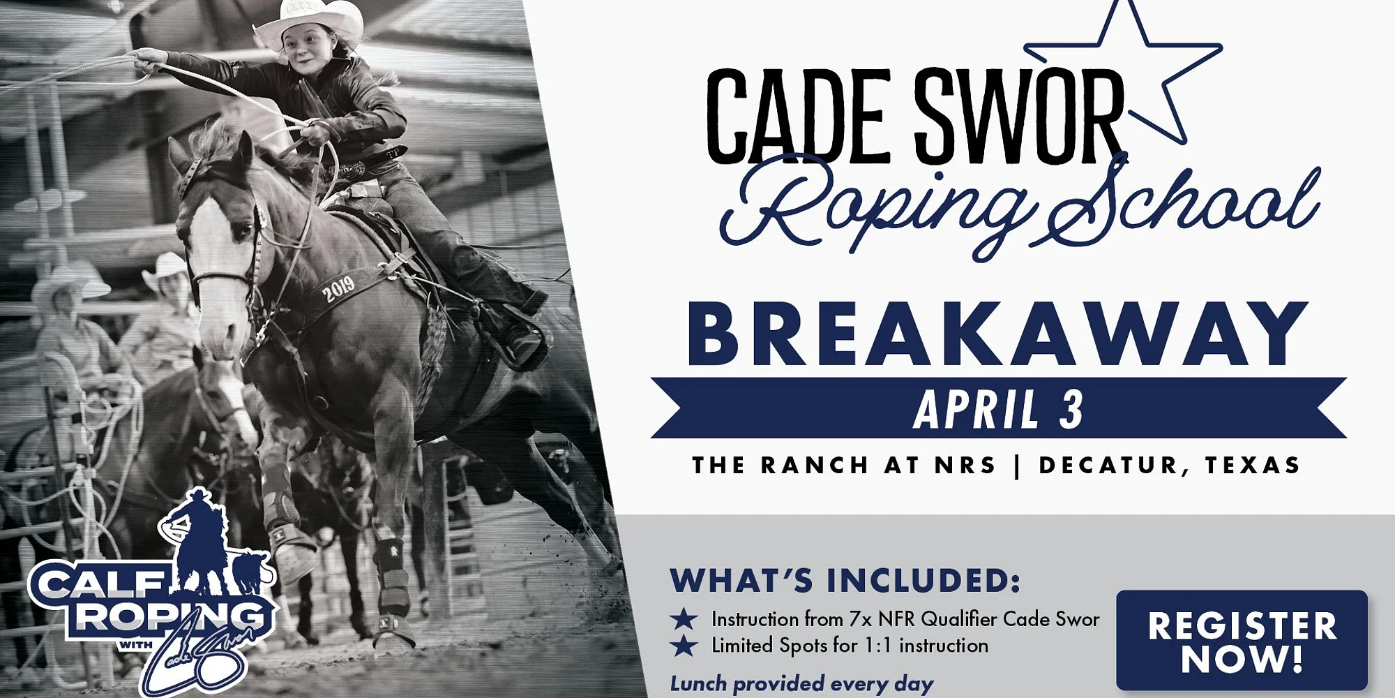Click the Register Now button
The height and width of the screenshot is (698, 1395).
coord(1242,640)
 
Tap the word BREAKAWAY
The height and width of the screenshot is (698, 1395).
coord(997,334)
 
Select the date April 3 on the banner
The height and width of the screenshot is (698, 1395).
coord(998,409)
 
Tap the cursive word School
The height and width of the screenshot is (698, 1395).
coord(1186,202)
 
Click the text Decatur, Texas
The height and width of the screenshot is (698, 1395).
coord(1170,466)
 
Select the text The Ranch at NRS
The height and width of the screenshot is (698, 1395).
coord(844,465)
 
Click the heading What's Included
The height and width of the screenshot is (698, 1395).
coord(845,581)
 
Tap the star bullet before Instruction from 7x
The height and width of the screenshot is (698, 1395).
coord(684,618)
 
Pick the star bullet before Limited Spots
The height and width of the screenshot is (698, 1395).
coord(684,646)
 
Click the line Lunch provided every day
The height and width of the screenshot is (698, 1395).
coord(801,683)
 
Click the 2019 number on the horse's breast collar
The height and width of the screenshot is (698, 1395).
coord(338,288)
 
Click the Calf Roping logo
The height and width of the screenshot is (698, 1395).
coord(150,593)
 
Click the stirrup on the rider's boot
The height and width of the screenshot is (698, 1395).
coord(523,342)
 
